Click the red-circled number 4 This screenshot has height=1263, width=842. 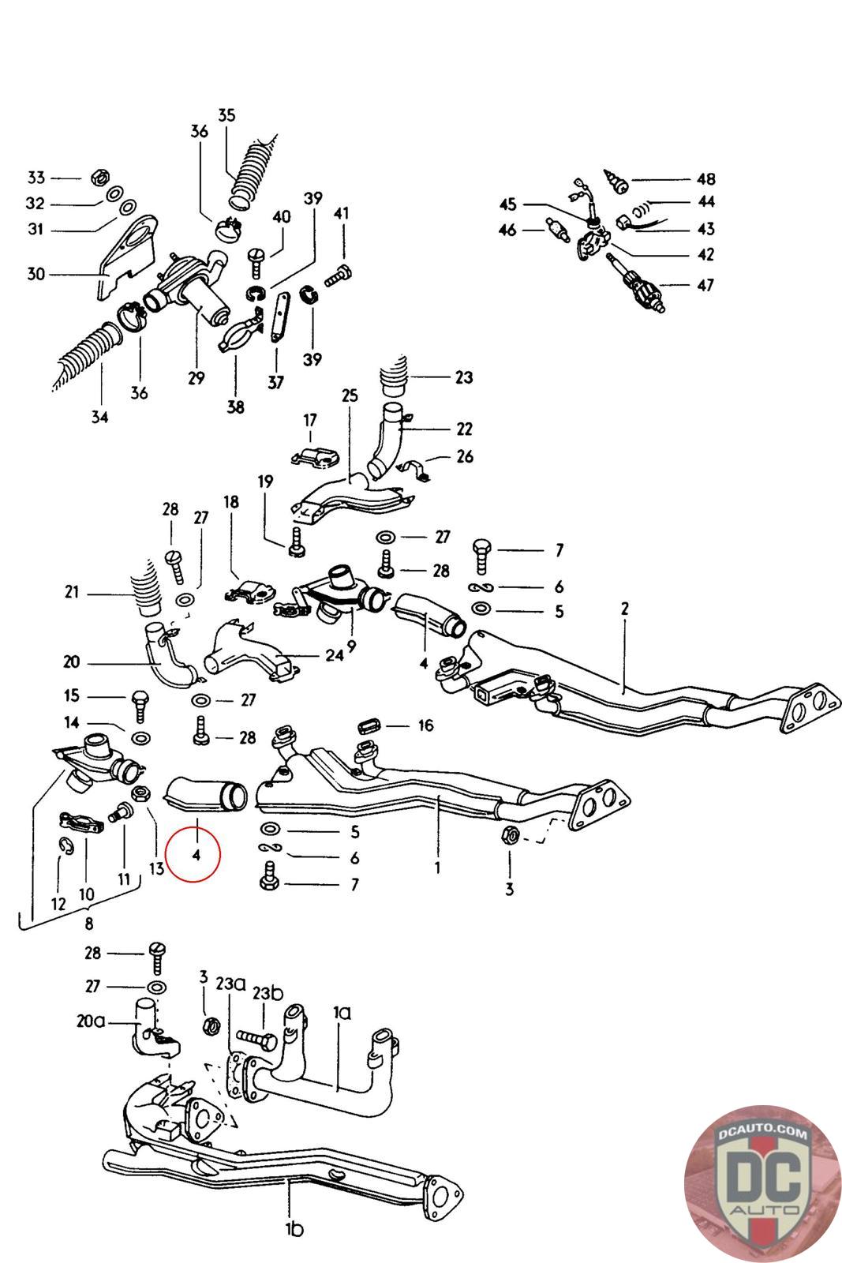click(x=196, y=854)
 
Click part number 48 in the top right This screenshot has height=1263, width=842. click(x=705, y=179)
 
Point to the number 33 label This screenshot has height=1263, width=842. click(x=36, y=178)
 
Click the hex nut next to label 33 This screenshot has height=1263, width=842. click(x=100, y=175)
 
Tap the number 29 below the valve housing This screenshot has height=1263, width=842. click(x=196, y=378)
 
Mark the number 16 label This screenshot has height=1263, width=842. click(x=425, y=725)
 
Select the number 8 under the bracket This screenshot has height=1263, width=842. click(x=89, y=923)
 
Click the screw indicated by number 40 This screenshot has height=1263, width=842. click(x=256, y=257)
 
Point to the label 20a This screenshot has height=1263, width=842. click(x=92, y=1021)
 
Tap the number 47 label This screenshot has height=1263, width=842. click(x=705, y=284)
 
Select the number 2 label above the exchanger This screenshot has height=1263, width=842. click(x=624, y=609)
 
